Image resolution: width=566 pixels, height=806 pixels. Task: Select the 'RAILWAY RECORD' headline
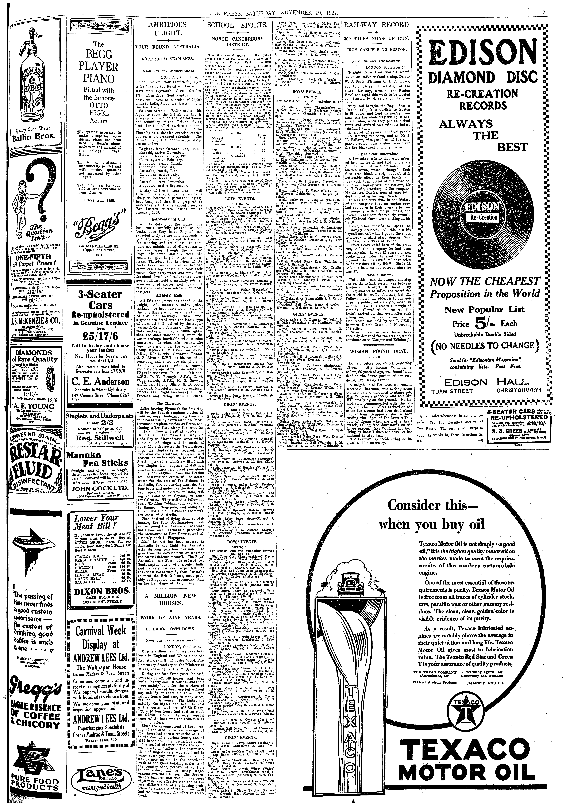(376, 25)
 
